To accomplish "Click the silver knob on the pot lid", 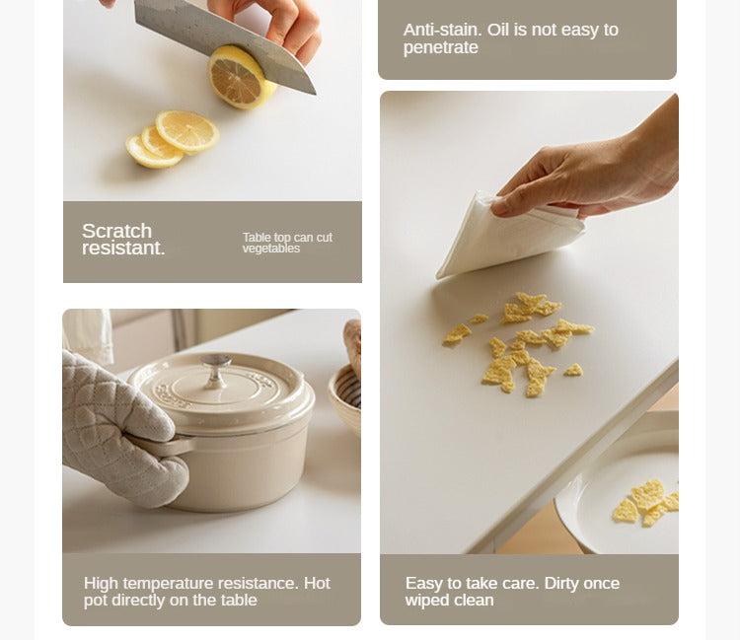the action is pos(216,369).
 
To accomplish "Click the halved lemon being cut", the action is pos(241,77).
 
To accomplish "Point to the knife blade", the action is pos(222,42).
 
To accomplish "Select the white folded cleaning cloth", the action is pos(510,236).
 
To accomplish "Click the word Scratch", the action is pos(116,231).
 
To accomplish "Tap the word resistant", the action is pos(123,249).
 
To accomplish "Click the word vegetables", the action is pos(271,249).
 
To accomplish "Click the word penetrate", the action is pos(440,47).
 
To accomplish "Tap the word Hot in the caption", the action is pos(317,583).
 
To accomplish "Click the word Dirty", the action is pos(561,584).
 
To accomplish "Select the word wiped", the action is pos(424,601).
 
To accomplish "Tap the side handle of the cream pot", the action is pos(161,445).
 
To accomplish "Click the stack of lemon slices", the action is pos(173,139).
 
